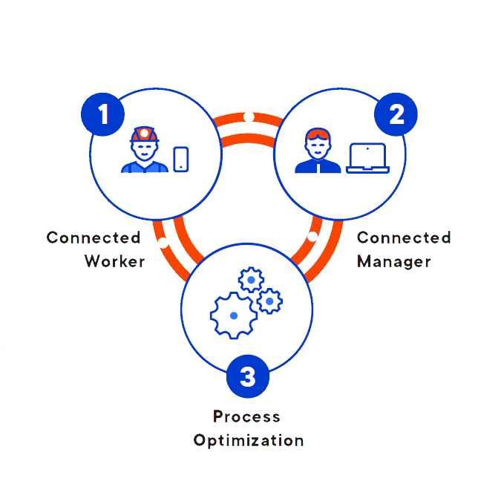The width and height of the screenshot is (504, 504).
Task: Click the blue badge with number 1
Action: tap(102, 114)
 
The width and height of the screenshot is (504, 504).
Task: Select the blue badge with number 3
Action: tap(248, 376)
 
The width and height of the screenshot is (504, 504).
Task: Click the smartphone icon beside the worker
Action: tap(180, 159)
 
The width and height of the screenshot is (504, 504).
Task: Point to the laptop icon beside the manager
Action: tap(367, 158)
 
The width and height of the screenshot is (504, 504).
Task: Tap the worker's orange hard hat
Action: tap(144, 134)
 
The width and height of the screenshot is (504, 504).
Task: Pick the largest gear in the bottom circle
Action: tap(233, 315)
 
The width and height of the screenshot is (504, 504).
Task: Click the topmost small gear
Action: tap(251, 281)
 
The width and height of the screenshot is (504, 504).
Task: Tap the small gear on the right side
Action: tap(269, 301)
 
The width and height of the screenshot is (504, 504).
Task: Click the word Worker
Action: tap(114, 261)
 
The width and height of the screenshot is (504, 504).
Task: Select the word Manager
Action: tap(393, 261)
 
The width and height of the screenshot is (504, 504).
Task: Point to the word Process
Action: tap(246, 416)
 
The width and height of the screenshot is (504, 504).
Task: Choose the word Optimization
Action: tap(249, 440)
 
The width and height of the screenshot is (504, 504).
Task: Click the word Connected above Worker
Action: tap(94, 238)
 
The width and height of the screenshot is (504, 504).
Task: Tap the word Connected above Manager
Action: tap(404, 238)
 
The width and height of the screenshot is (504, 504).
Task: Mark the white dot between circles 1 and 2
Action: tap(249, 117)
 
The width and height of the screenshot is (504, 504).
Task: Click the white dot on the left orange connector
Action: tap(163, 243)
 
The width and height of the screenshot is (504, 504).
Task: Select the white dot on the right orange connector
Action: tap(312, 236)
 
